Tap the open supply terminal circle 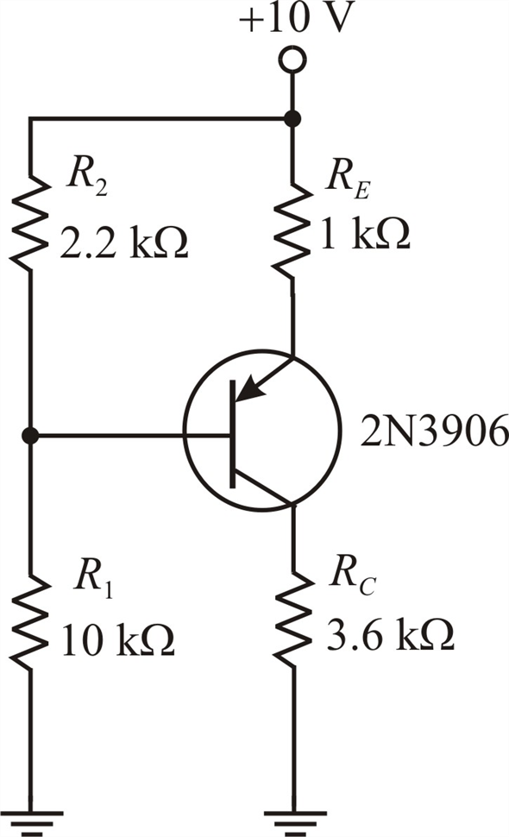292,60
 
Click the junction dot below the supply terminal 292,118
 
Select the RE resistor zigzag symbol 292,229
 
